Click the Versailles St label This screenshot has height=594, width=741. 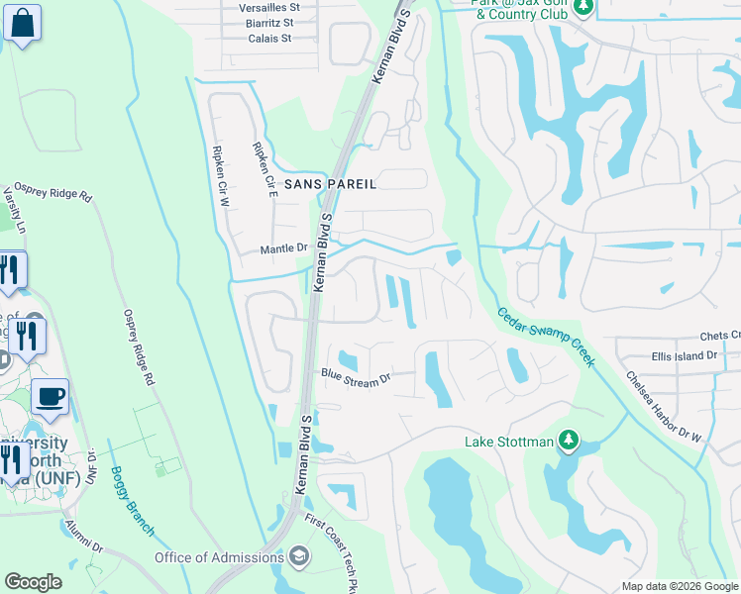(x=256, y=6)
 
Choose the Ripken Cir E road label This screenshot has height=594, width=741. (x=264, y=170)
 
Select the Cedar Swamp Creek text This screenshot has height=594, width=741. (x=544, y=336)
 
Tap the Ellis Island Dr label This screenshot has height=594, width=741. (x=683, y=355)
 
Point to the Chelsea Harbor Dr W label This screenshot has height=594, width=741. (x=663, y=407)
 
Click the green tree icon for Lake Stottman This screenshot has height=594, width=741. (x=568, y=439)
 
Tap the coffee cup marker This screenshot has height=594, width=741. (x=51, y=397)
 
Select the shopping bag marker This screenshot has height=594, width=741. (x=22, y=22)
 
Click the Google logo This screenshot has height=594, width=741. (x=33, y=582)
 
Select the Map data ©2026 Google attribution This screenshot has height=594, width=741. (x=680, y=586)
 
